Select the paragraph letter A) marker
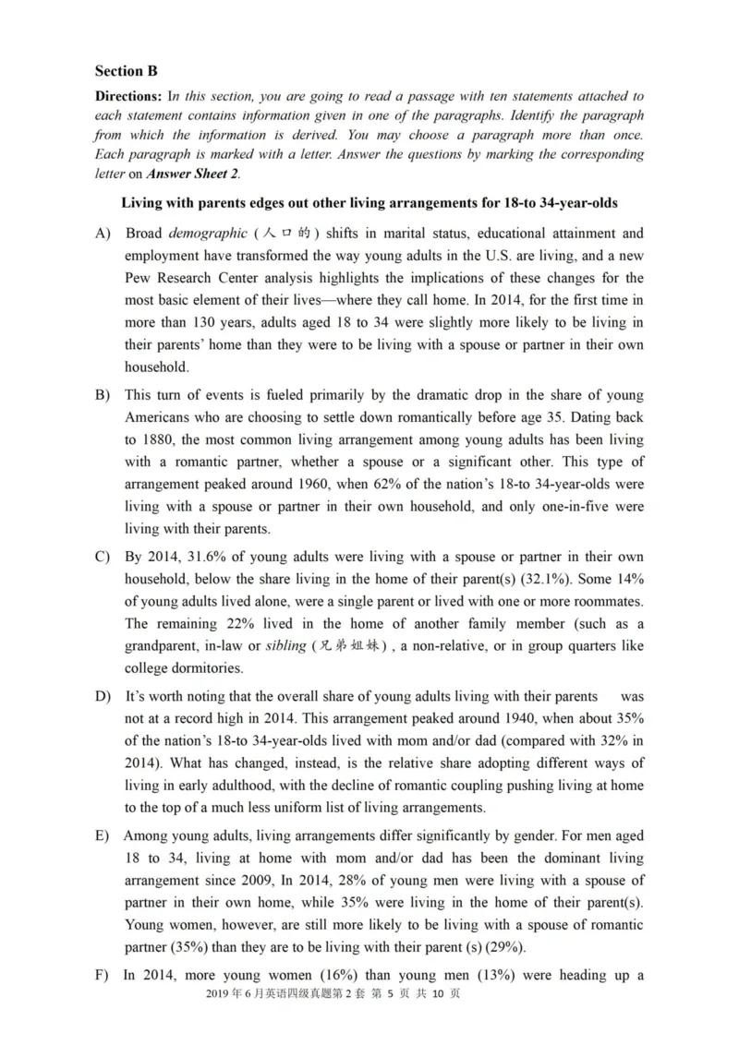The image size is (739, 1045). click(x=103, y=234)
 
